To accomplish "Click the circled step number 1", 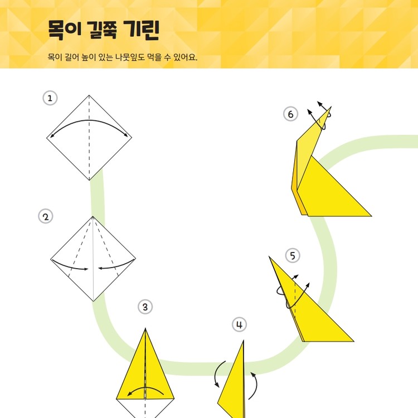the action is click(x=50, y=98).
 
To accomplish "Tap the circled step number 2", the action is click(x=46, y=216).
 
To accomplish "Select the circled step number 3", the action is click(x=145, y=307).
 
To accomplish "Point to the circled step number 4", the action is click(x=239, y=324).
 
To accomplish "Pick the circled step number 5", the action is click(x=293, y=255).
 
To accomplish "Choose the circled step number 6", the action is click(x=290, y=114).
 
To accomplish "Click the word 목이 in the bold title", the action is click(x=64, y=30).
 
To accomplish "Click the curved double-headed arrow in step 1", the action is click(x=89, y=120).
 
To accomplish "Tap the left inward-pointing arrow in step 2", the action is click(x=70, y=266).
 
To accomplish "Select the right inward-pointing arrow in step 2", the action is click(x=116, y=266).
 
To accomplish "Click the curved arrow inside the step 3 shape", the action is click(x=145, y=388).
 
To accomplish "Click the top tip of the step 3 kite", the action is click(x=145, y=328).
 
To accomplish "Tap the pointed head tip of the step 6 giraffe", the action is click(x=331, y=106).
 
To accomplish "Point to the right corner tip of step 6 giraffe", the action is click(x=371, y=216).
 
